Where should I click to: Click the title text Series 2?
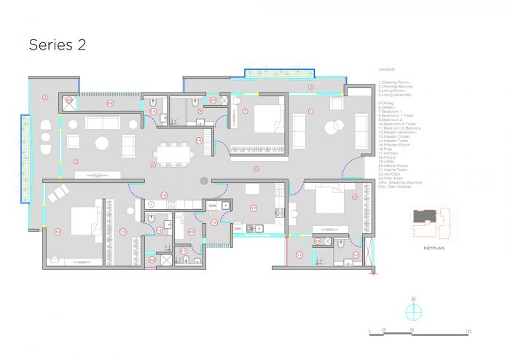coord(58,44)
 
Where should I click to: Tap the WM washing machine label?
coord(213,206)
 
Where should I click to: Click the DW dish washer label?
coord(238,229)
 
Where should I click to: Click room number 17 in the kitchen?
coord(253,208)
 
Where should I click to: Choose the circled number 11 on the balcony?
coord(299,254)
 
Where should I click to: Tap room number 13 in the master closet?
coord(122,231)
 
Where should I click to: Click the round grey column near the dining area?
coord(204,180)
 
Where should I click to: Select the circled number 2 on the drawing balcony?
coord(310,87)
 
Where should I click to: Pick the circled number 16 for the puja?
coord(198,140)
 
